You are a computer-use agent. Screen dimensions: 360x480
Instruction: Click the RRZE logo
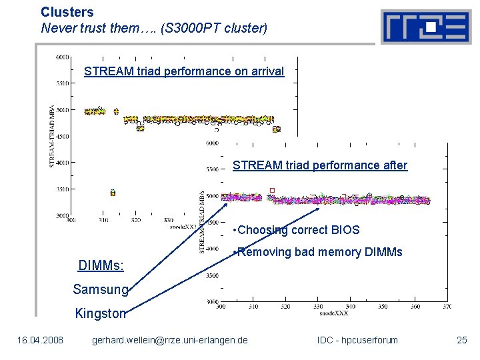point(425,27)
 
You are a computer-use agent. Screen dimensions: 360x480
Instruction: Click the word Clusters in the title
point(67,12)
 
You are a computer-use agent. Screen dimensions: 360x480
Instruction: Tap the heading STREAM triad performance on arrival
point(184,71)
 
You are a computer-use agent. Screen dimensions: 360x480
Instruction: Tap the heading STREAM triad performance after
point(320,165)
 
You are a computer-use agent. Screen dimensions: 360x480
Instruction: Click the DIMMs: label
point(101,266)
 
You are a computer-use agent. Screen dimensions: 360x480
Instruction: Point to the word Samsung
point(100,289)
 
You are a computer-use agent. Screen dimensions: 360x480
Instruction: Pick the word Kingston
point(101,313)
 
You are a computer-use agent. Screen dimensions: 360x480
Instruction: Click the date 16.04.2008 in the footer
point(41,341)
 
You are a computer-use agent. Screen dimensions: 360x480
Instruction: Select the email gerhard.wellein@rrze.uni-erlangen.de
point(170,341)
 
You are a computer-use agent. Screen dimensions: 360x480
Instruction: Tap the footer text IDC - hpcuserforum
point(357,341)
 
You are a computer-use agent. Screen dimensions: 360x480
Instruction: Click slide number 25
point(462,341)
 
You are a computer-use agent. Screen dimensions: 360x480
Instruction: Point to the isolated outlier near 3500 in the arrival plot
point(113,193)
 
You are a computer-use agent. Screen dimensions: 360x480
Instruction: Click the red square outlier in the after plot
point(272,191)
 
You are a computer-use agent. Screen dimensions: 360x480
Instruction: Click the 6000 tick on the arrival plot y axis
point(63,57)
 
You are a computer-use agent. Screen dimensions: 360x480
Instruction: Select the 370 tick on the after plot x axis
point(446,307)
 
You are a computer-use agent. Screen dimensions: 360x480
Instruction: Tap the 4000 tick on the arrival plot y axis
point(63,163)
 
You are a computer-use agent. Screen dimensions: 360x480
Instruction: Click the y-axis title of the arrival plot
point(52,137)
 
